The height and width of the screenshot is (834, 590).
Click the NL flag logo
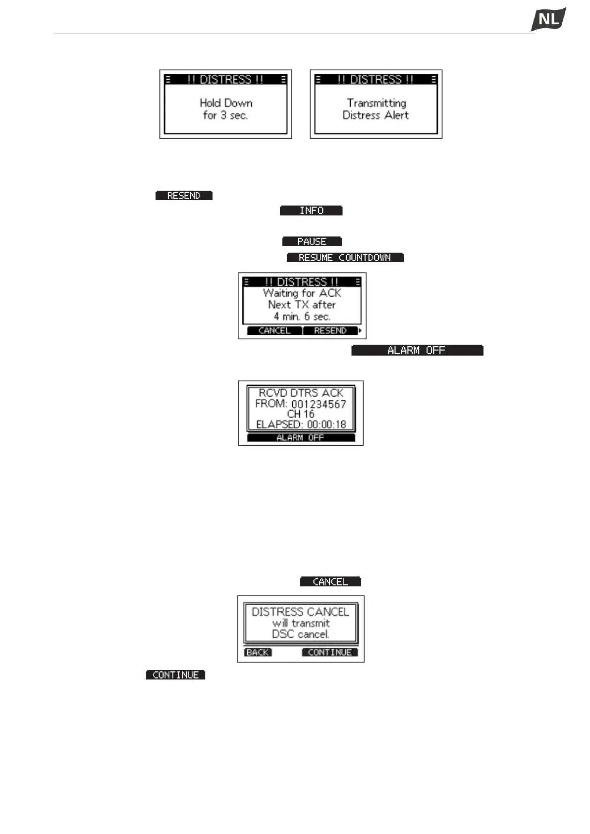548,20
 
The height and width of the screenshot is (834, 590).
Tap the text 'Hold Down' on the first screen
226,103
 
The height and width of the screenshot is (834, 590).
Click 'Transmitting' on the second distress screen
376,103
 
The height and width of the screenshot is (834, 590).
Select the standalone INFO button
311,210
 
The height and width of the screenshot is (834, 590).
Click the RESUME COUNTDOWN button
345,258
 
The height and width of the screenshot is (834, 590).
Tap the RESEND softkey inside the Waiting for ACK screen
330,331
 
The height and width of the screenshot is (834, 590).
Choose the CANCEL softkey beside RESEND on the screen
274,331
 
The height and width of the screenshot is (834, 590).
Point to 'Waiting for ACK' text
302,293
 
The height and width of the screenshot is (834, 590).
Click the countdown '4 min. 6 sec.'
302,316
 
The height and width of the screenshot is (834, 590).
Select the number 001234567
319,404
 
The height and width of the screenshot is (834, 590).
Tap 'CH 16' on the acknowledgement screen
301,414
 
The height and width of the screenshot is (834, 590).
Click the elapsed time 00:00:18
326,424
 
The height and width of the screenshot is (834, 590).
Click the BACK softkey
258,652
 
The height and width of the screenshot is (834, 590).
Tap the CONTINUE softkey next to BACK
329,652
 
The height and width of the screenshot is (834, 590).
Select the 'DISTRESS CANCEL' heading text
300,612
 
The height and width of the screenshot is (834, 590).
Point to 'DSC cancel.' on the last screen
300,634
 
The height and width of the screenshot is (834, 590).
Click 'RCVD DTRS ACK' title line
301,393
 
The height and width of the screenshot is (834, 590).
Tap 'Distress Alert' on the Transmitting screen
375,115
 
